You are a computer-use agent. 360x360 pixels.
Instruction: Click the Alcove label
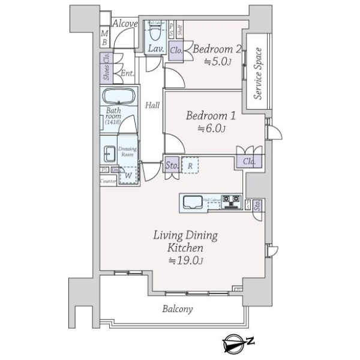[x=126, y=23]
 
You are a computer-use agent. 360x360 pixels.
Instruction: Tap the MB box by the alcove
[x=104, y=38]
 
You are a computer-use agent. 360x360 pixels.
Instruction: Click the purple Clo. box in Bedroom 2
[x=176, y=51]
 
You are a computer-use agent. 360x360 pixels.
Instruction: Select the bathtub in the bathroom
[x=119, y=97]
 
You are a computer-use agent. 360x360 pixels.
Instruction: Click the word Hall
[x=152, y=106]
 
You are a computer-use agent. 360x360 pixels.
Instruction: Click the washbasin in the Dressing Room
[x=109, y=154]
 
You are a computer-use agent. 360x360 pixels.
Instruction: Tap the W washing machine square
[x=128, y=175]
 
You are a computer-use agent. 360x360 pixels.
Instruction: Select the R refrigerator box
[x=190, y=164]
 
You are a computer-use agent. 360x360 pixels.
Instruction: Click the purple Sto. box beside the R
[x=170, y=164]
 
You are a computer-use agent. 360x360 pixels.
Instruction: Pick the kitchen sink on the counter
[x=191, y=203]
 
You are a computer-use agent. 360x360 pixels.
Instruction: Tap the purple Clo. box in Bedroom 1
[x=249, y=161]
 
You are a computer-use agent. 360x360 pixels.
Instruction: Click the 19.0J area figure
[x=186, y=260]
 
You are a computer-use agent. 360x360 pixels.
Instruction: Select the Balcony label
[x=178, y=309]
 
